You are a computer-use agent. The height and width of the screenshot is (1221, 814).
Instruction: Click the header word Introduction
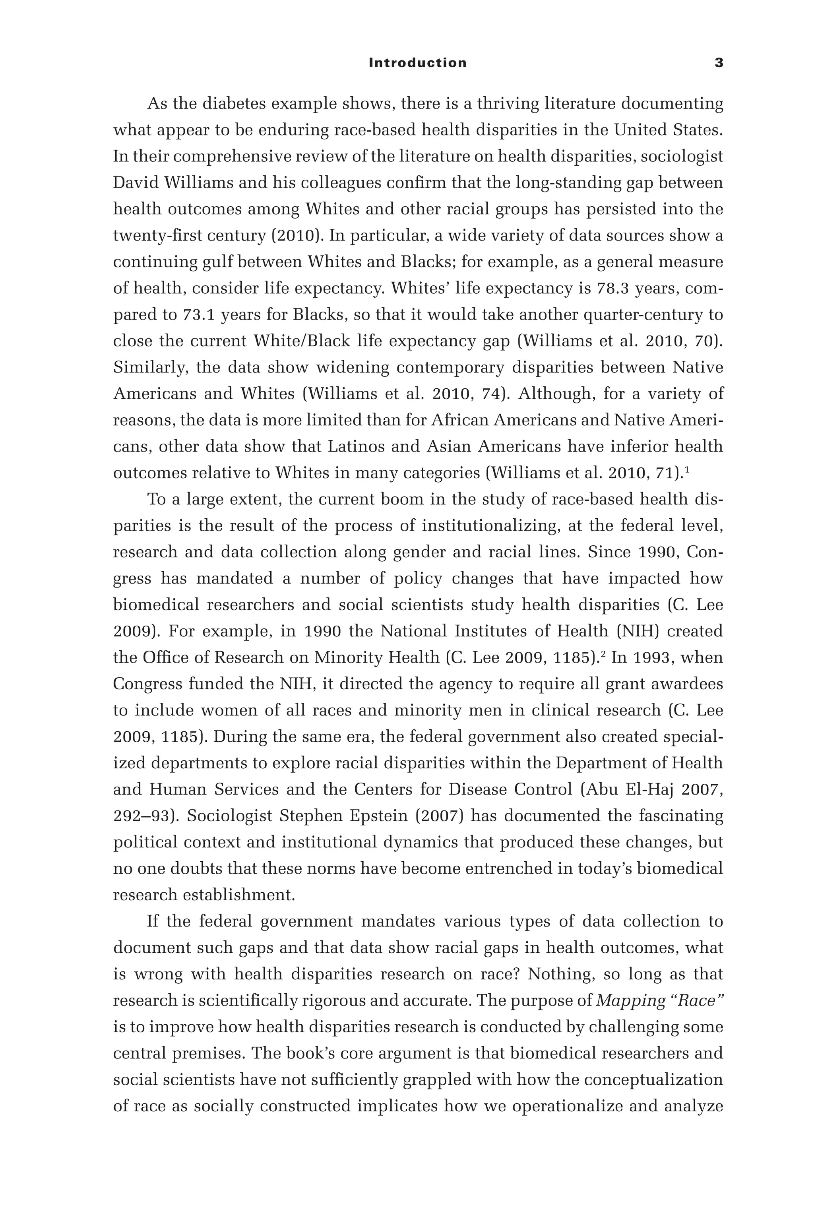pos(417,63)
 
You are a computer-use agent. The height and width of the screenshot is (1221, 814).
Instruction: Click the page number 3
pos(719,63)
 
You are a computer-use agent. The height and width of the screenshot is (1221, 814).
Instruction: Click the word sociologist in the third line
pos(681,156)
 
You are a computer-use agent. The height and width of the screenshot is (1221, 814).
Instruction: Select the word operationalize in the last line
pos(568,1106)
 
